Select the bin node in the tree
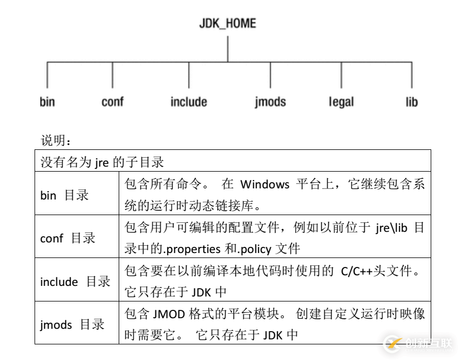click(47, 102)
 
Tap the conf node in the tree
click(113, 102)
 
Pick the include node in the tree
click(189, 102)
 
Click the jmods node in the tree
click(270, 102)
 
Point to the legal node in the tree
click(341, 102)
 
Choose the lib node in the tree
click(412, 102)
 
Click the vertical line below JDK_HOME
click(227, 48)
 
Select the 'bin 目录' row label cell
click(65, 195)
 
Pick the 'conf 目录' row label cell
click(68, 238)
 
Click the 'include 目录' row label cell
click(75, 281)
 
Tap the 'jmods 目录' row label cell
click(72, 324)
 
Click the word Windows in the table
click(265, 184)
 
